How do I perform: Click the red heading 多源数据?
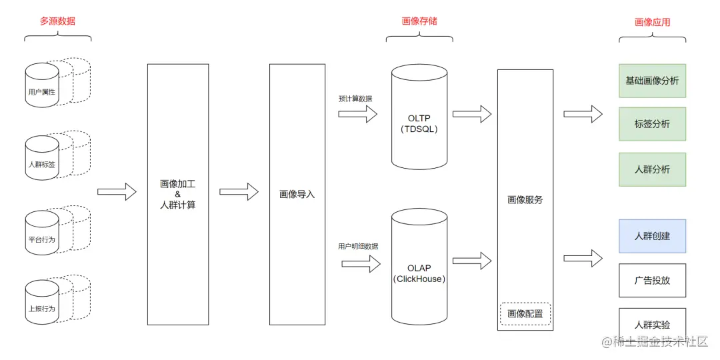pyautogui.click(x=57, y=21)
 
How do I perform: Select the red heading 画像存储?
pyautogui.click(x=419, y=21)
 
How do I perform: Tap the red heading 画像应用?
pyautogui.click(x=652, y=22)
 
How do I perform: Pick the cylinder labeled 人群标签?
pyautogui.click(x=42, y=159)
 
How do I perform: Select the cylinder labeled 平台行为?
pyautogui.click(x=42, y=233)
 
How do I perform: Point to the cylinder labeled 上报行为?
pyautogui.click(x=42, y=303)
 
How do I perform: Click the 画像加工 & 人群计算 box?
pyautogui.click(x=177, y=194)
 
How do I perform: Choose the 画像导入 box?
pyautogui.click(x=297, y=194)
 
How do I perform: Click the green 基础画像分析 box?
pyautogui.click(x=652, y=81)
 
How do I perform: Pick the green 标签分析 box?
pyautogui.click(x=652, y=124)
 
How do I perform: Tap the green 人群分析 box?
pyautogui.click(x=652, y=169)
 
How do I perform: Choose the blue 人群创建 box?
pyautogui.click(x=652, y=236)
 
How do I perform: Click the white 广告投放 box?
pyautogui.click(x=652, y=280)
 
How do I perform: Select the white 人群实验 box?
pyautogui.click(x=652, y=324)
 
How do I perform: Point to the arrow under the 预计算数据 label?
pyautogui.click(x=357, y=114)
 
